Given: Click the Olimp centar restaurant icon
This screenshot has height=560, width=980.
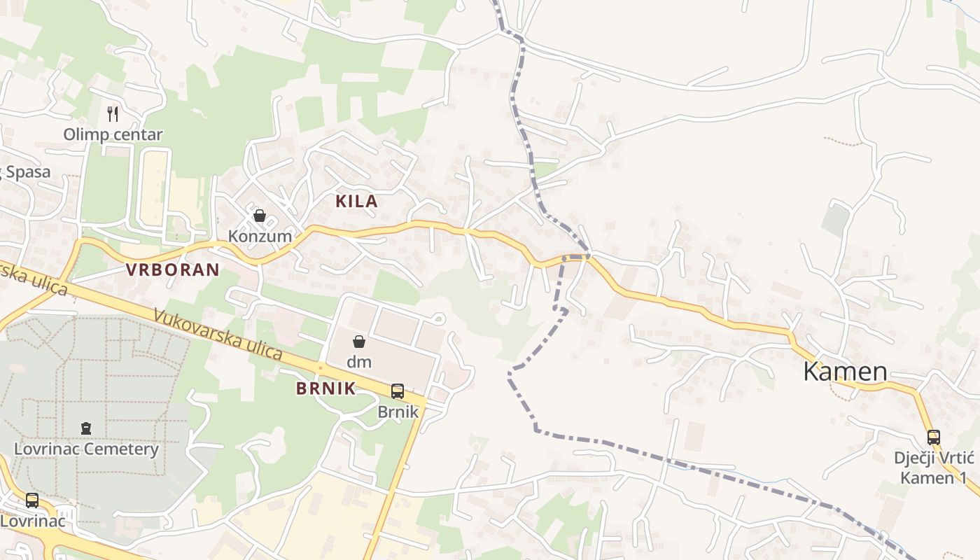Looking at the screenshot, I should (113, 113).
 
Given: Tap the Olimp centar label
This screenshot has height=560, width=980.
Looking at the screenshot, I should (113, 134).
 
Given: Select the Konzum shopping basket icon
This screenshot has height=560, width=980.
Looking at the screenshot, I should (260, 216).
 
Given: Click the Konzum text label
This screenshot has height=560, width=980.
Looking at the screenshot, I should (260, 236).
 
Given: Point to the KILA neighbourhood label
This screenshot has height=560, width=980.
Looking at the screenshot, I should (356, 202).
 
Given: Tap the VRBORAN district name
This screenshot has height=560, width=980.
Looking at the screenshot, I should (172, 269).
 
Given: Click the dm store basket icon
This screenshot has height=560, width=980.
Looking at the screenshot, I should (359, 342).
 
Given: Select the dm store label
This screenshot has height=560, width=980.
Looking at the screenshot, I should (359, 362).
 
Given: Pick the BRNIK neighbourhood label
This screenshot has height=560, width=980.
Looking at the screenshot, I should (326, 389).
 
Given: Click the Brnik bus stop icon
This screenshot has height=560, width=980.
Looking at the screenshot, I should (398, 391).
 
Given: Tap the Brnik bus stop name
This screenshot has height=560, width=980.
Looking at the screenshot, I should (398, 412).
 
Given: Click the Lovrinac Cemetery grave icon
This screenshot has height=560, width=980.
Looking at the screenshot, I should (86, 428).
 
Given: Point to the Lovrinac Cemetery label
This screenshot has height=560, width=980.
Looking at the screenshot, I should (86, 449).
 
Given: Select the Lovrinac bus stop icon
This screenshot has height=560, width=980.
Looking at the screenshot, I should (32, 500).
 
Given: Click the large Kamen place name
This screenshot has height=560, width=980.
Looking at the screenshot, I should (845, 372).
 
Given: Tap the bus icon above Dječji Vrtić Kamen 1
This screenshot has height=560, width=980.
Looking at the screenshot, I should (934, 437).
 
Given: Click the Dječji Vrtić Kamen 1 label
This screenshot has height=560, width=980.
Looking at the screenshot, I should (934, 468).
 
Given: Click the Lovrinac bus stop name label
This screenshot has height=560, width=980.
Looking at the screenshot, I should (32, 521).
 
